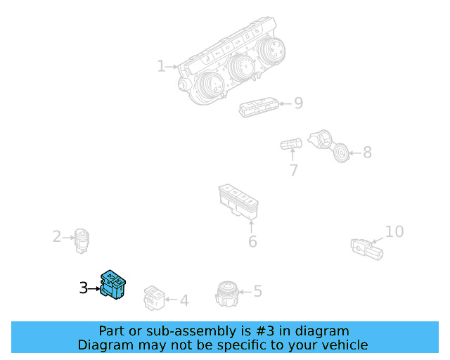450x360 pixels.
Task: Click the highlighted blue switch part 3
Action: pos(112,285)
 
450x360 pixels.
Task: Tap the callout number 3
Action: pos(83,288)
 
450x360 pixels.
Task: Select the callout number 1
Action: pos(161,66)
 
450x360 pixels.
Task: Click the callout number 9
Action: pos(298,103)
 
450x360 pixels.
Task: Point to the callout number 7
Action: pos(294,170)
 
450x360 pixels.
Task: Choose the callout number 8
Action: pos(367,152)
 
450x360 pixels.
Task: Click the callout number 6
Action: pos(252,241)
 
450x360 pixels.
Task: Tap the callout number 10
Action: pos(394,231)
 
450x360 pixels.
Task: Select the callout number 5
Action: pos(258,291)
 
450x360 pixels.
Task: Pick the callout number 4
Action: pos(184,300)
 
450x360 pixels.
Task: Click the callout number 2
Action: pos(57,236)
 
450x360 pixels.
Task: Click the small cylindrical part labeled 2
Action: pos(82,241)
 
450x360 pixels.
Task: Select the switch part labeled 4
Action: pos(154,298)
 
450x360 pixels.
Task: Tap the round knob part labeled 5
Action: pos(226,294)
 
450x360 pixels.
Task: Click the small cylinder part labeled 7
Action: pos(291,143)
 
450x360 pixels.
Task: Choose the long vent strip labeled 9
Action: pos(259,108)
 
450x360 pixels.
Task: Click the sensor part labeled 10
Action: pos(367,250)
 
